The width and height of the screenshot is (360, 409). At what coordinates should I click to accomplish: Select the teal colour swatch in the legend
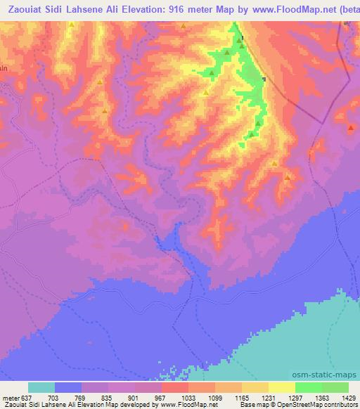[41, 387]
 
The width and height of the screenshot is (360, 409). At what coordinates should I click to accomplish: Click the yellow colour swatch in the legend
[282, 387]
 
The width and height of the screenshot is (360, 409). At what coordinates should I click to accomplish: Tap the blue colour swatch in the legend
[68, 387]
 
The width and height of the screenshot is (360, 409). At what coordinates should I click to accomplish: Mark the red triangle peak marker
[351, 128]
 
